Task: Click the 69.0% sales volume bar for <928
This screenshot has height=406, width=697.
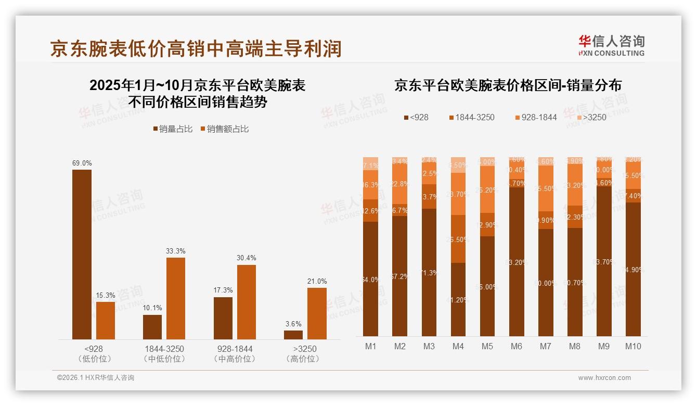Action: point(82,255)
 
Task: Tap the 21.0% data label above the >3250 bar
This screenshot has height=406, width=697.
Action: point(317,282)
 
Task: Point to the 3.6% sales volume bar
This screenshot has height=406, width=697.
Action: point(293,335)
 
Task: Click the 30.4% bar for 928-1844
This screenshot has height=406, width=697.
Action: point(247,302)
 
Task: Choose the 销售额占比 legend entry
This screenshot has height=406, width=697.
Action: point(224,129)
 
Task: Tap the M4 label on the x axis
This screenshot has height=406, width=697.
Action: point(458,346)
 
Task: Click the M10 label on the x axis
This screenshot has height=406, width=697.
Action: point(633,346)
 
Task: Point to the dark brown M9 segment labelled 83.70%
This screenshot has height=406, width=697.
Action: point(604,261)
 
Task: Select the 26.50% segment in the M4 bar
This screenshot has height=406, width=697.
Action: point(458,239)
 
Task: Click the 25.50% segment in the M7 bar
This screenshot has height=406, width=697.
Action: point(546,188)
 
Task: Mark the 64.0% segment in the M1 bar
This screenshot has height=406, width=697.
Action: point(371,279)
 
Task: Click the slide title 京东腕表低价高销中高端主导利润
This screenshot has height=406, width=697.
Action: point(196,48)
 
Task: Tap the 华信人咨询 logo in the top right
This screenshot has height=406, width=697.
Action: point(612,45)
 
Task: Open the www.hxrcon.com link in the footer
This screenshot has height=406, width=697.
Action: point(604,378)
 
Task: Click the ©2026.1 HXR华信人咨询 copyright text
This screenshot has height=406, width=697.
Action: point(96,378)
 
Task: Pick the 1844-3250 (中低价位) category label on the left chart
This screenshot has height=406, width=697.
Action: point(164,353)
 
